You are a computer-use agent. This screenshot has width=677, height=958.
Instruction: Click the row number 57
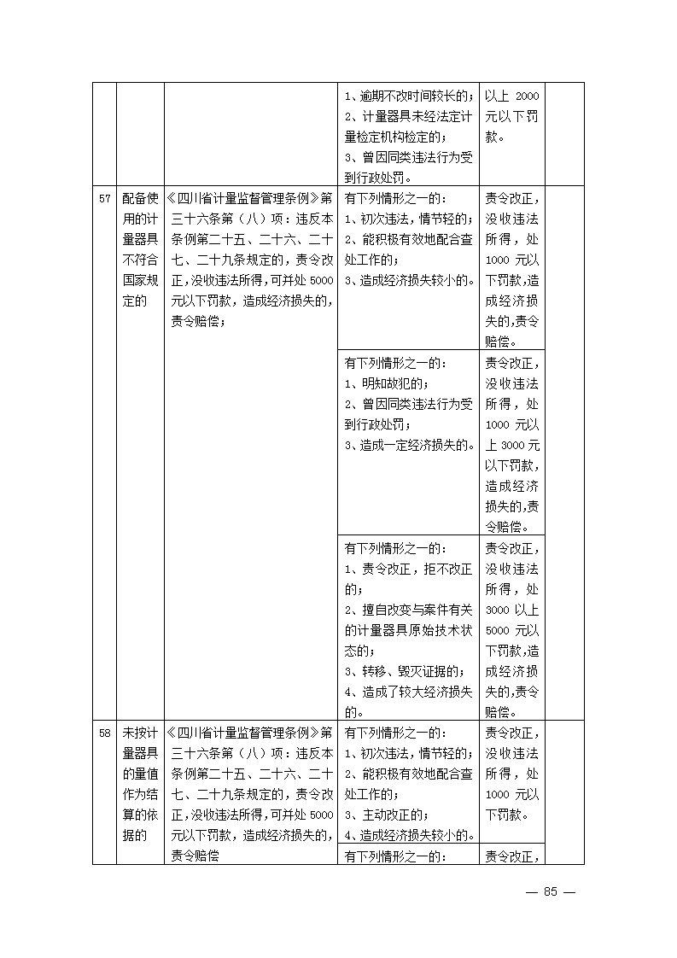[x=104, y=199]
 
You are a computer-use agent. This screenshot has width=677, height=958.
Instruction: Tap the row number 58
[x=104, y=733]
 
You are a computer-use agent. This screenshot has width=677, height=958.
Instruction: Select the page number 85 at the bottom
[x=550, y=891]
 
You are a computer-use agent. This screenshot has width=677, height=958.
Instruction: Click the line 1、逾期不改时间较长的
[x=408, y=96]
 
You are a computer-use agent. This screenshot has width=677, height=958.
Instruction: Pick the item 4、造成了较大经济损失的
[x=407, y=701]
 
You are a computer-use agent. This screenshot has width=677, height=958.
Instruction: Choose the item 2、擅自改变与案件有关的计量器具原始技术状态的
[x=407, y=630]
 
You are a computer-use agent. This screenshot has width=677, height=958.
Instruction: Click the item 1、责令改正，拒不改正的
[x=407, y=578]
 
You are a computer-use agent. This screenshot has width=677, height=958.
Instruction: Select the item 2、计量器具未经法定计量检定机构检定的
[x=407, y=126]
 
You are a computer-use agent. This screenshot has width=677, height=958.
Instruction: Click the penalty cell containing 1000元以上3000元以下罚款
[x=512, y=444]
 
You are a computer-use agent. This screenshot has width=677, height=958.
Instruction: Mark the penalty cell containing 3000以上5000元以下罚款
[x=512, y=628]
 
